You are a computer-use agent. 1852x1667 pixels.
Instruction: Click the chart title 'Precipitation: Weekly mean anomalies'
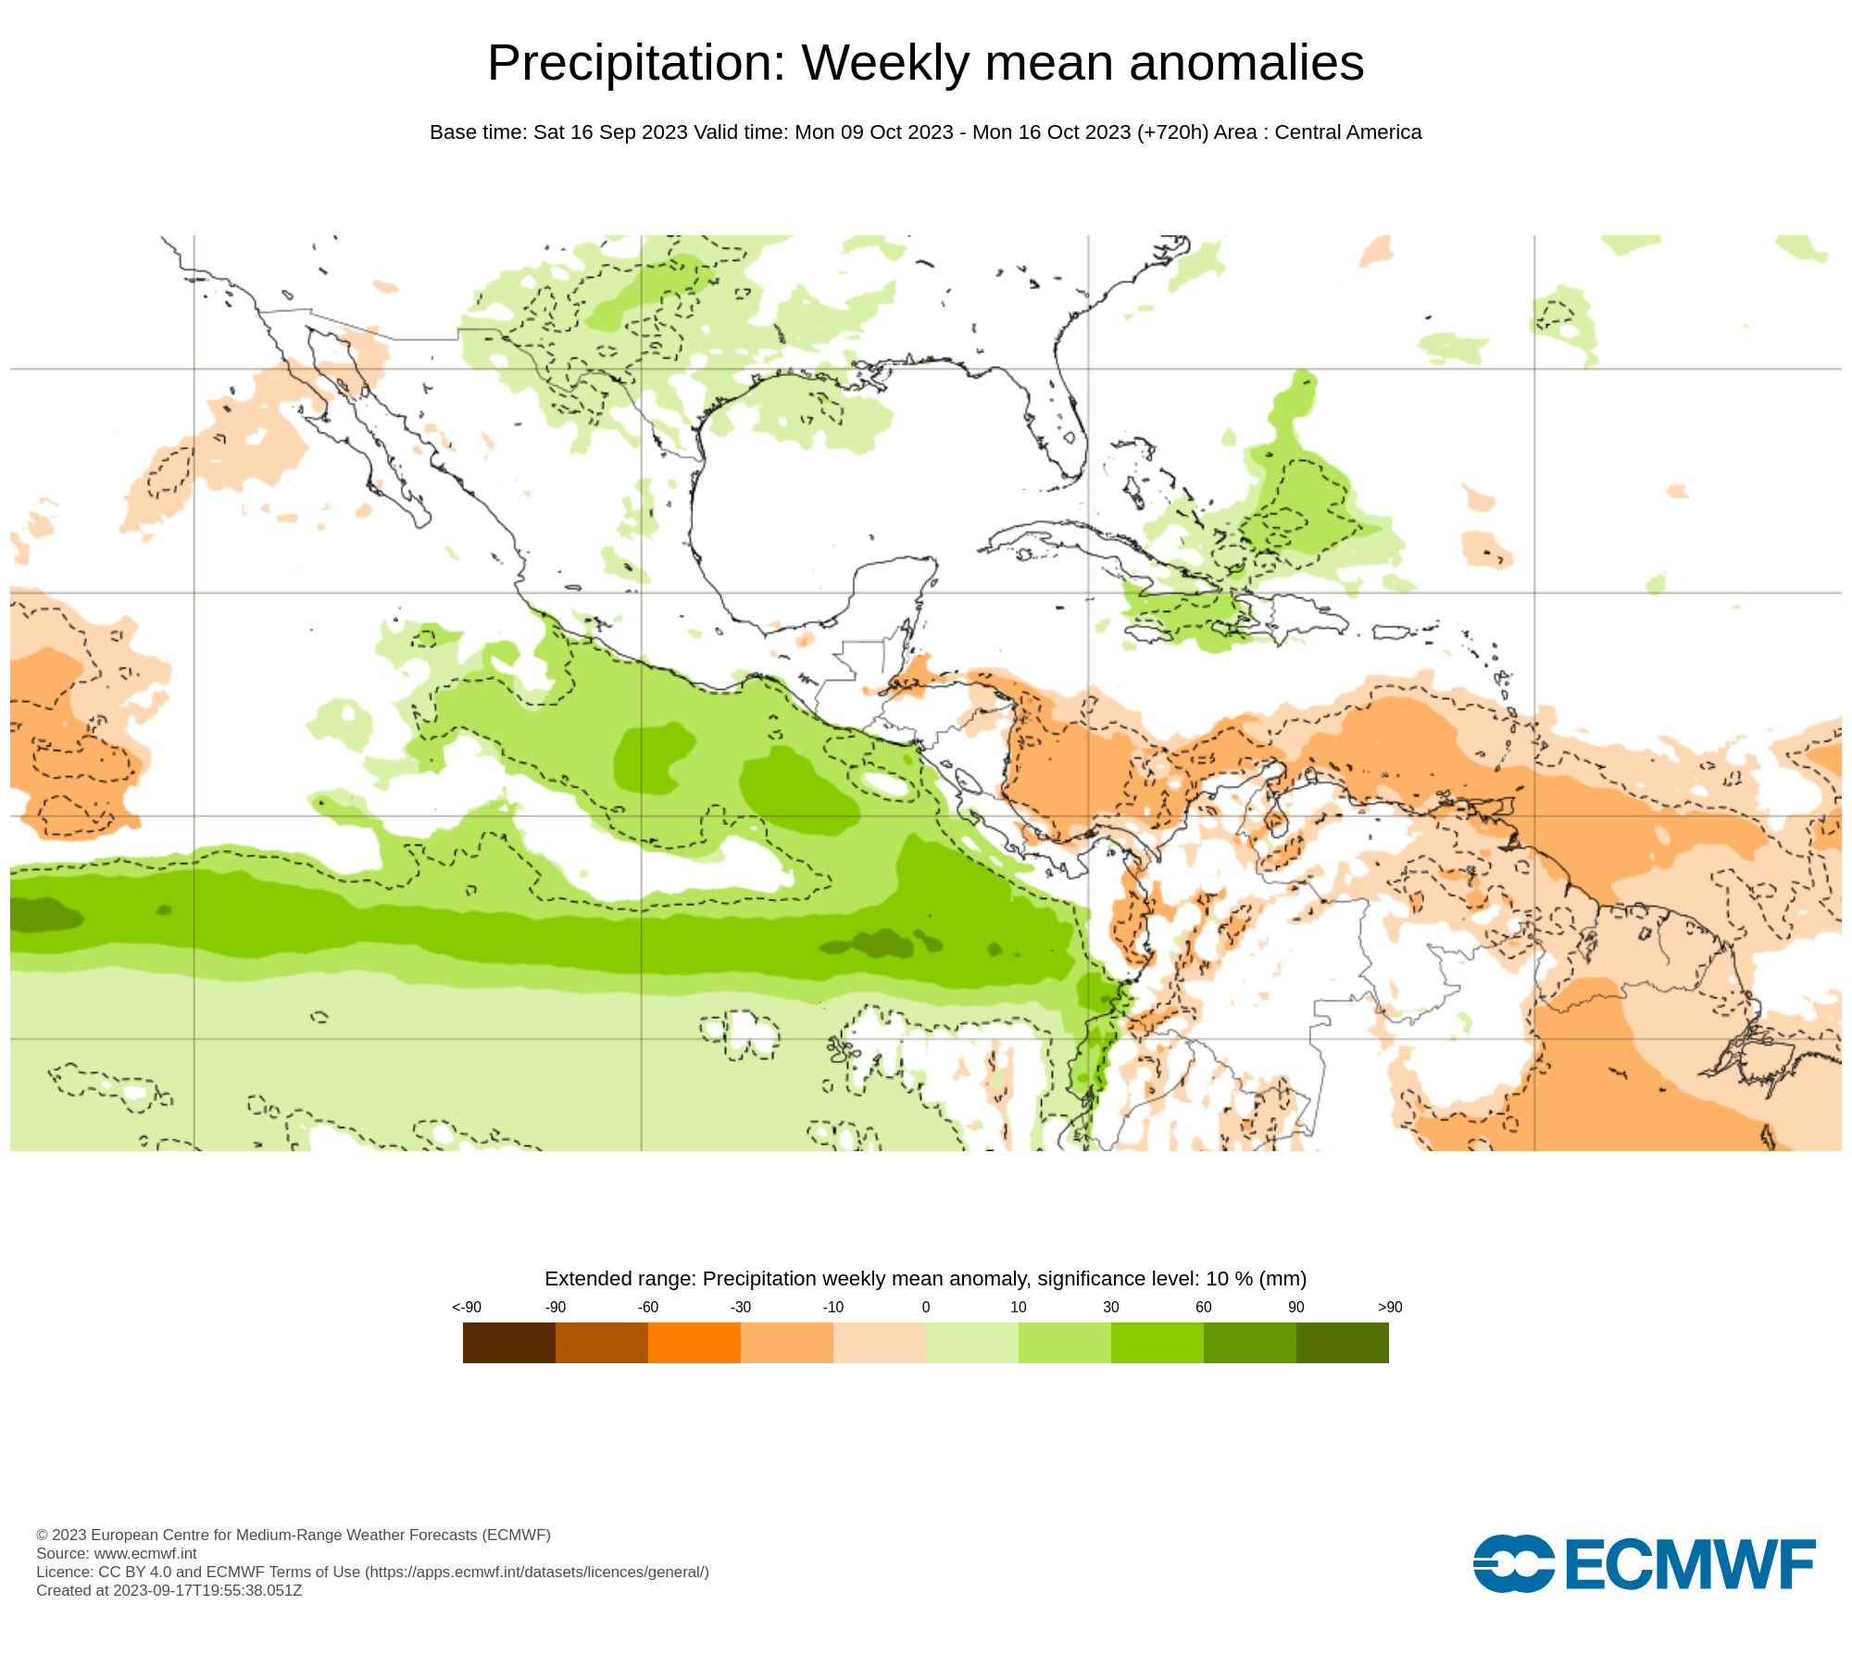click(925, 63)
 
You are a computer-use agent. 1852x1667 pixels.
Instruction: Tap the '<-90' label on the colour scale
click(467, 1307)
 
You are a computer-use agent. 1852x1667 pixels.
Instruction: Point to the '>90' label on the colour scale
click(1389, 1307)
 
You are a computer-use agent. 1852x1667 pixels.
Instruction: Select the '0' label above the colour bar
click(925, 1307)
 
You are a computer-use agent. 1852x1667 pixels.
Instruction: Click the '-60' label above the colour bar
click(647, 1307)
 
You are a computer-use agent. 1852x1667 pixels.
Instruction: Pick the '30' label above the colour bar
click(1110, 1307)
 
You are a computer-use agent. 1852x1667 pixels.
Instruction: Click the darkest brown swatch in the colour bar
click(508, 1342)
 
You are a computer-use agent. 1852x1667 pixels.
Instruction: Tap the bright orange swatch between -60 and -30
click(694, 1342)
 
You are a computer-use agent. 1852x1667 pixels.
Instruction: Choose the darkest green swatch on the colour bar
click(1342, 1342)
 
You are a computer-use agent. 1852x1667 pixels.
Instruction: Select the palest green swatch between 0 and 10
click(971, 1342)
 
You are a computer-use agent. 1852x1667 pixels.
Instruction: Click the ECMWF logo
click(1644, 1564)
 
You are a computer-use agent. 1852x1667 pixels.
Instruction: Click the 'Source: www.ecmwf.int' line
click(117, 1553)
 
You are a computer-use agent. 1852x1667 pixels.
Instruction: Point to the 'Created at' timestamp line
click(169, 1590)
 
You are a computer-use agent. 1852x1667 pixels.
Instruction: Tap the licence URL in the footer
click(537, 1572)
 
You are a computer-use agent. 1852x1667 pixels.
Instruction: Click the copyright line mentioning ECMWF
click(293, 1535)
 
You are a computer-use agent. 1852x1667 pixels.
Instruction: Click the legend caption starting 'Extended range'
click(925, 1278)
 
